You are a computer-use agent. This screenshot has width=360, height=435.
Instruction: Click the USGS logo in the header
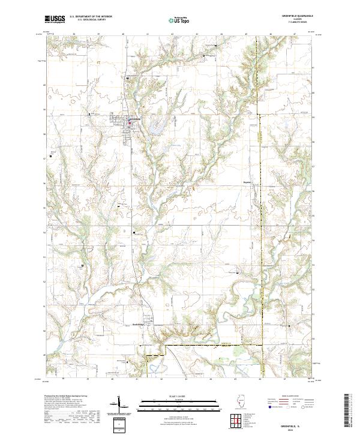[x=55, y=19]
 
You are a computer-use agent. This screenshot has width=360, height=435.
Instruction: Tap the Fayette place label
[x=245, y=179]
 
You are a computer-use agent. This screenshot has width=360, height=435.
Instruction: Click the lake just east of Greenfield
[x=157, y=127]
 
